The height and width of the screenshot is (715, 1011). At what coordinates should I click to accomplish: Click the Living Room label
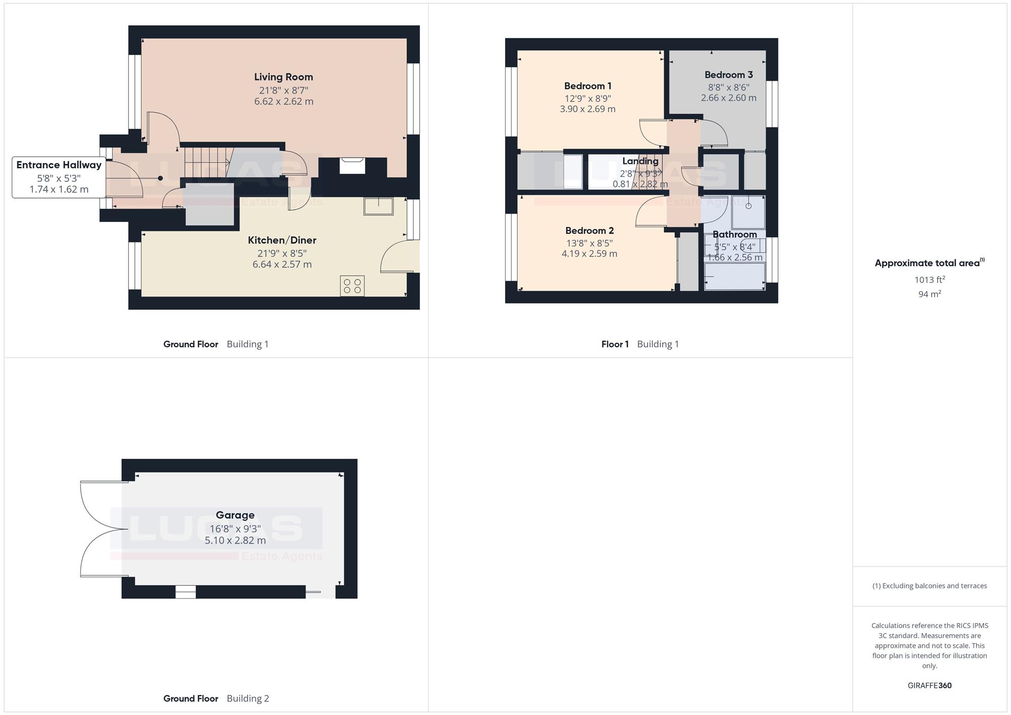pos(284,77)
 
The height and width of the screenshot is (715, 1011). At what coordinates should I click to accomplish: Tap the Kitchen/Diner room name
pos(282,240)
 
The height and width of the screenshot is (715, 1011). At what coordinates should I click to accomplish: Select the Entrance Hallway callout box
pos(59,177)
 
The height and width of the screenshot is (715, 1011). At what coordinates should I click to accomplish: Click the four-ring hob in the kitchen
pos(352,285)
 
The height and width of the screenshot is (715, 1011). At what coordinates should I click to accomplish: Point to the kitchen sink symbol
pos(379,206)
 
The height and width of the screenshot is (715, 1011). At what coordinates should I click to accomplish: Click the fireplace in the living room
pos(352,166)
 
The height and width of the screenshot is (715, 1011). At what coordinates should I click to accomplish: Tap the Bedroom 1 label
pos(588,86)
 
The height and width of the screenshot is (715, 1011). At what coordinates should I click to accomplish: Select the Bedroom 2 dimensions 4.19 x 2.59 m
pos(589,254)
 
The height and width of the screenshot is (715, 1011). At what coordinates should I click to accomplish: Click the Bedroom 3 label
pos(729,75)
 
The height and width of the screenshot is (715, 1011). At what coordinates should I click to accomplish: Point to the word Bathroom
pos(735,234)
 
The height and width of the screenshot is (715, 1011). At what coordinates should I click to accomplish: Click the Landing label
pos(640,161)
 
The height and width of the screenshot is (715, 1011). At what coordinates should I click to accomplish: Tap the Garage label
pos(235,515)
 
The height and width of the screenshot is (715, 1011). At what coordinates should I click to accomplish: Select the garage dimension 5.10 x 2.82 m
pos(235,540)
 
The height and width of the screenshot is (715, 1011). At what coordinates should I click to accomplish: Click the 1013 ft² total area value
pos(930,279)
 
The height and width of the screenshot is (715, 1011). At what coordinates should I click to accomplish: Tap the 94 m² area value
pos(930,294)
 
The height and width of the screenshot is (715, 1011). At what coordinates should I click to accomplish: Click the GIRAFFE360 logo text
pos(930,686)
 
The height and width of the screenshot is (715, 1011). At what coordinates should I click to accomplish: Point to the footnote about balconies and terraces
pos(930,586)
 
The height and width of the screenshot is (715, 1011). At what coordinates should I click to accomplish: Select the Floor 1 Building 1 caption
pos(640,344)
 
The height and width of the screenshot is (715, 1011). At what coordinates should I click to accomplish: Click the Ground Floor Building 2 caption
pos(216,698)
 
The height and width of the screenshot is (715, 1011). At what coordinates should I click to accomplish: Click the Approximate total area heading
pos(930,263)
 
